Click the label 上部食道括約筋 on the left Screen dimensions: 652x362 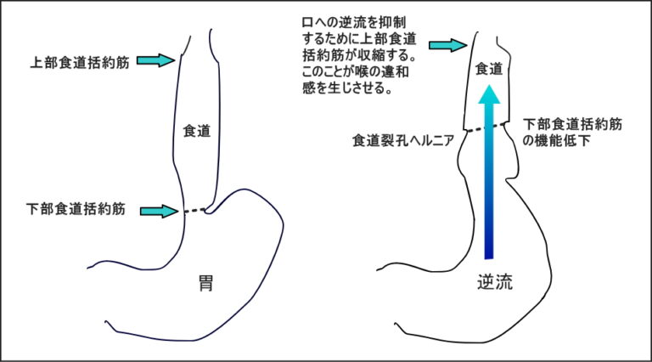point(80,62)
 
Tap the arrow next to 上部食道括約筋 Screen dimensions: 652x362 point(156,60)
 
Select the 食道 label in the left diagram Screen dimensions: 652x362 point(197,131)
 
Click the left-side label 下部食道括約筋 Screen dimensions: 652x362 point(76,208)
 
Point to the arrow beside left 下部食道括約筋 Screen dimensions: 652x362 point(160,211)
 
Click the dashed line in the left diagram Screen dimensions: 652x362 point(194,211)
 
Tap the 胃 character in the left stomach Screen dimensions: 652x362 point(205,283)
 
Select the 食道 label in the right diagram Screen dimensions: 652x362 point(489,69)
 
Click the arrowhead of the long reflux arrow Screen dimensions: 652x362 point(489,94)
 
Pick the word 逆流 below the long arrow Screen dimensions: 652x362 point(495,282)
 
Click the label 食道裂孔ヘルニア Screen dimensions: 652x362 point(403,141)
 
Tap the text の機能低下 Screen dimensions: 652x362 point(556,141)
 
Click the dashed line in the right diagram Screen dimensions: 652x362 point(486,127)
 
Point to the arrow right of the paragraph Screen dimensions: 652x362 point(448,45)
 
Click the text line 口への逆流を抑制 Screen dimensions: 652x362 point(354,22)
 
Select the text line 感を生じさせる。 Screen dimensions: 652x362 point(347,88)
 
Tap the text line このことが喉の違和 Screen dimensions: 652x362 point(356,71)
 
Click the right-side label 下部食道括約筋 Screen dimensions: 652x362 point(572,124)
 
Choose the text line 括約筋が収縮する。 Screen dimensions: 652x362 point(359,55)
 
